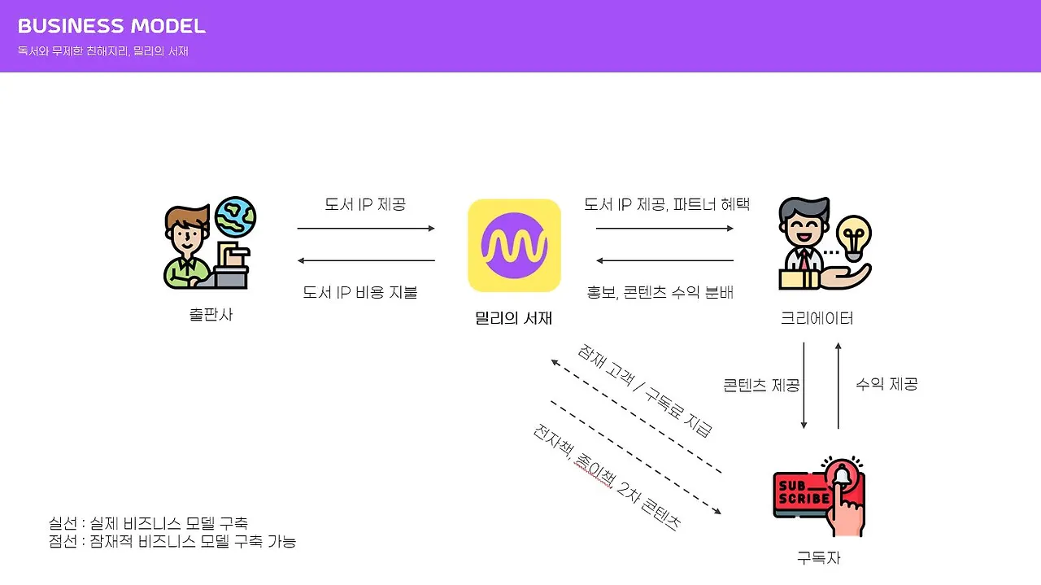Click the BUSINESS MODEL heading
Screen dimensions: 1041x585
coord(111,26)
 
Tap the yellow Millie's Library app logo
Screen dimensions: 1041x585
coord(514,245)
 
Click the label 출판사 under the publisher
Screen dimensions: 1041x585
coord(211,314)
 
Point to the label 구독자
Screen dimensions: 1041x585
coord(818,557)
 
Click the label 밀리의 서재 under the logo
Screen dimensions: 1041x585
coord(514,318)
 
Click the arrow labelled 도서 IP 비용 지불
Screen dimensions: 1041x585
coord(366,260)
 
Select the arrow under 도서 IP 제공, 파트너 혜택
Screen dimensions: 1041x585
coord(664,229)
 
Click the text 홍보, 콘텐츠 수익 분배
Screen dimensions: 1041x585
coord(660,292)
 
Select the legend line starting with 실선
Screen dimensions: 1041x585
coord(148,522)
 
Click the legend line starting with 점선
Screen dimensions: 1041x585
coord(172,540)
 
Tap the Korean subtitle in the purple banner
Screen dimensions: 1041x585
coord(103,50)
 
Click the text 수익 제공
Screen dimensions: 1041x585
coord(886,384)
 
